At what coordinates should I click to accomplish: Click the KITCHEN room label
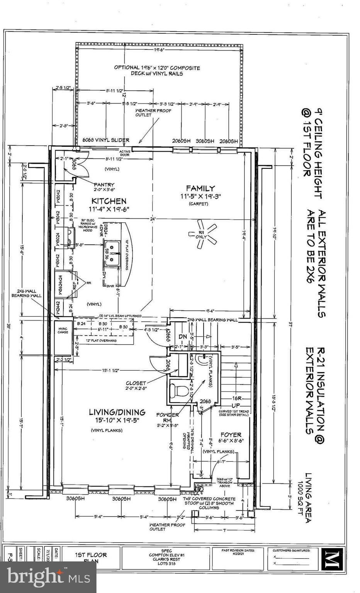coord(109,201)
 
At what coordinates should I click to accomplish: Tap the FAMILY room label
coord(200,188)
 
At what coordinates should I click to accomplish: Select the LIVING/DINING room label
coord(117,412)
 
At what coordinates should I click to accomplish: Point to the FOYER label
coord(231,435)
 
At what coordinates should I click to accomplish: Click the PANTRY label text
coord(104,185)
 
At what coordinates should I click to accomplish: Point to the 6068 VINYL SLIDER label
coord(106,141)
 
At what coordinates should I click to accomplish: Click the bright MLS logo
coord(48,577)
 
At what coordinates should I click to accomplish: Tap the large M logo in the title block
coord(331,558)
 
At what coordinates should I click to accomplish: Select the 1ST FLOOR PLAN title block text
coord(91,557)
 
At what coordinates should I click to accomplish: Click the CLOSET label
coord(136,383)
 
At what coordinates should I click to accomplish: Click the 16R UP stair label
coord(236,402)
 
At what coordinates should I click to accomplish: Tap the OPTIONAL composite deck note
coord(157,70)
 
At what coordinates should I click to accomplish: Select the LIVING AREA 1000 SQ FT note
coord(306,498)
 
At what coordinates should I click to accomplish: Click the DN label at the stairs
coord(183,337)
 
